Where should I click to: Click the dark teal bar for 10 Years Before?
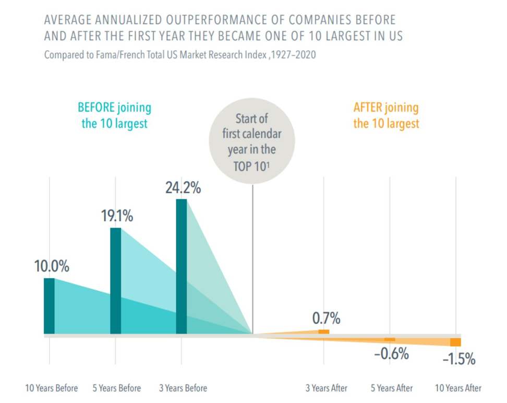point(49,306)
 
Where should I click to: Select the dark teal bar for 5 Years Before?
point(115,281)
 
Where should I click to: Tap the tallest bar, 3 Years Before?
point(181,266)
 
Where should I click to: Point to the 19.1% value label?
point(117,217)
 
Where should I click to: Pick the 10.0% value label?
point(52,266)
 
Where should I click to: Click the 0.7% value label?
point(326,318)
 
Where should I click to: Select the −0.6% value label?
point(391,353)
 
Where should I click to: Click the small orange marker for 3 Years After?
point(324,332)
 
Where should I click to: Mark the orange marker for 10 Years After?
point(455,342)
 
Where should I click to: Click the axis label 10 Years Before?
point(52,388)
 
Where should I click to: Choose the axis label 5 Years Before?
point(117,388)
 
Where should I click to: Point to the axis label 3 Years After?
point(327,388)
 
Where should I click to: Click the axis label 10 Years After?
point(458,388)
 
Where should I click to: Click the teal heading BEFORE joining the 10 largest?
point(114,116)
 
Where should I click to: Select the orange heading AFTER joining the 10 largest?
point(386,116)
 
